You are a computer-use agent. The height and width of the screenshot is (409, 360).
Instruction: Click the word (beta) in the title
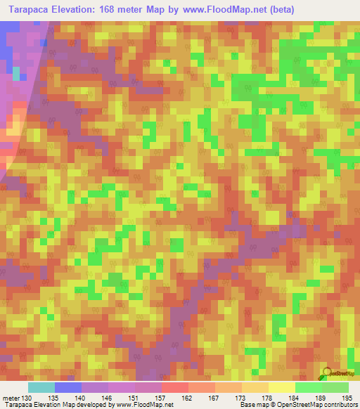pos(279,9)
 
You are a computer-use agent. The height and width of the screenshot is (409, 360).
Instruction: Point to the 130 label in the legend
pos(27,397)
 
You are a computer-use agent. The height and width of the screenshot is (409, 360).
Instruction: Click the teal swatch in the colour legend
pos(41,387)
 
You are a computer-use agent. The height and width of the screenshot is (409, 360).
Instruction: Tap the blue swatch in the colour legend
pos(67,387)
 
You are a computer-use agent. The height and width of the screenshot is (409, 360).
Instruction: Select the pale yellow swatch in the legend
pos(281,387)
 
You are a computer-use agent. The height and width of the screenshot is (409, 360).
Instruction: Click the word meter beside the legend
pos(10,397)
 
